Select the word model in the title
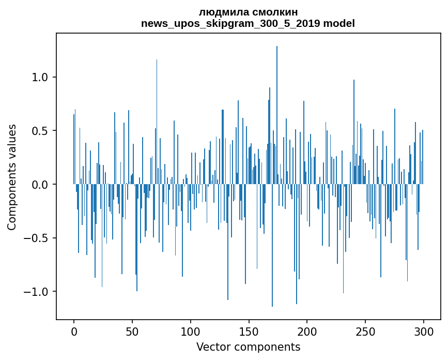(x=342, y=23)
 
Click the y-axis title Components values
(x=12, y=177)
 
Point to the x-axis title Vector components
(x=248, y=347)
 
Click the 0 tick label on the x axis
(x=74, y=331)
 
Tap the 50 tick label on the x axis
(x=132, y=331)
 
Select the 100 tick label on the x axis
(x=191, y=331)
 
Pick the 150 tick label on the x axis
(x=249, y=331)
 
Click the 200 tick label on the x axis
(x=307, y=331)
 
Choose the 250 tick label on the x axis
(x=365, y=331)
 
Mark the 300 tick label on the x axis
(x=424, y=331)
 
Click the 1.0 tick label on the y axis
(x=43, y=78)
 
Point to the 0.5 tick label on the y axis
(x=43, y=131)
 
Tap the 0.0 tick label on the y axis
(x=43, y=185)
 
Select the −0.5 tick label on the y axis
(x=40, y=238)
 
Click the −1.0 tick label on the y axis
(x=40, y=292)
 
